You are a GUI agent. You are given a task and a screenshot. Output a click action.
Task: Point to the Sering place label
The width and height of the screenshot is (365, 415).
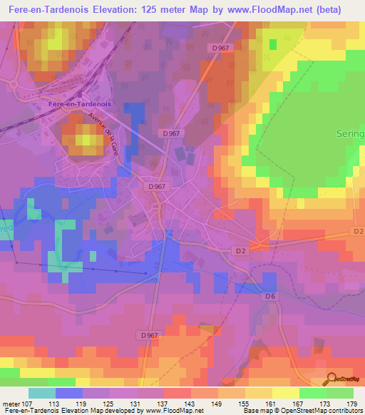coord(349,133)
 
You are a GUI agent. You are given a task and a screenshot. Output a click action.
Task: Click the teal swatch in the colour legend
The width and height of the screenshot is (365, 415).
coord(42,393)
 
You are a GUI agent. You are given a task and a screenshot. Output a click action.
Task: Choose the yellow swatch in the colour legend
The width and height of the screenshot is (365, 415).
coord(285,393)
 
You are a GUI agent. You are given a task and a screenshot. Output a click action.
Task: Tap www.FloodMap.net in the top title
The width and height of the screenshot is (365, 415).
coord(257,10)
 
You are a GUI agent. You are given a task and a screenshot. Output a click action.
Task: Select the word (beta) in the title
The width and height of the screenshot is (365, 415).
coord(324,10)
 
